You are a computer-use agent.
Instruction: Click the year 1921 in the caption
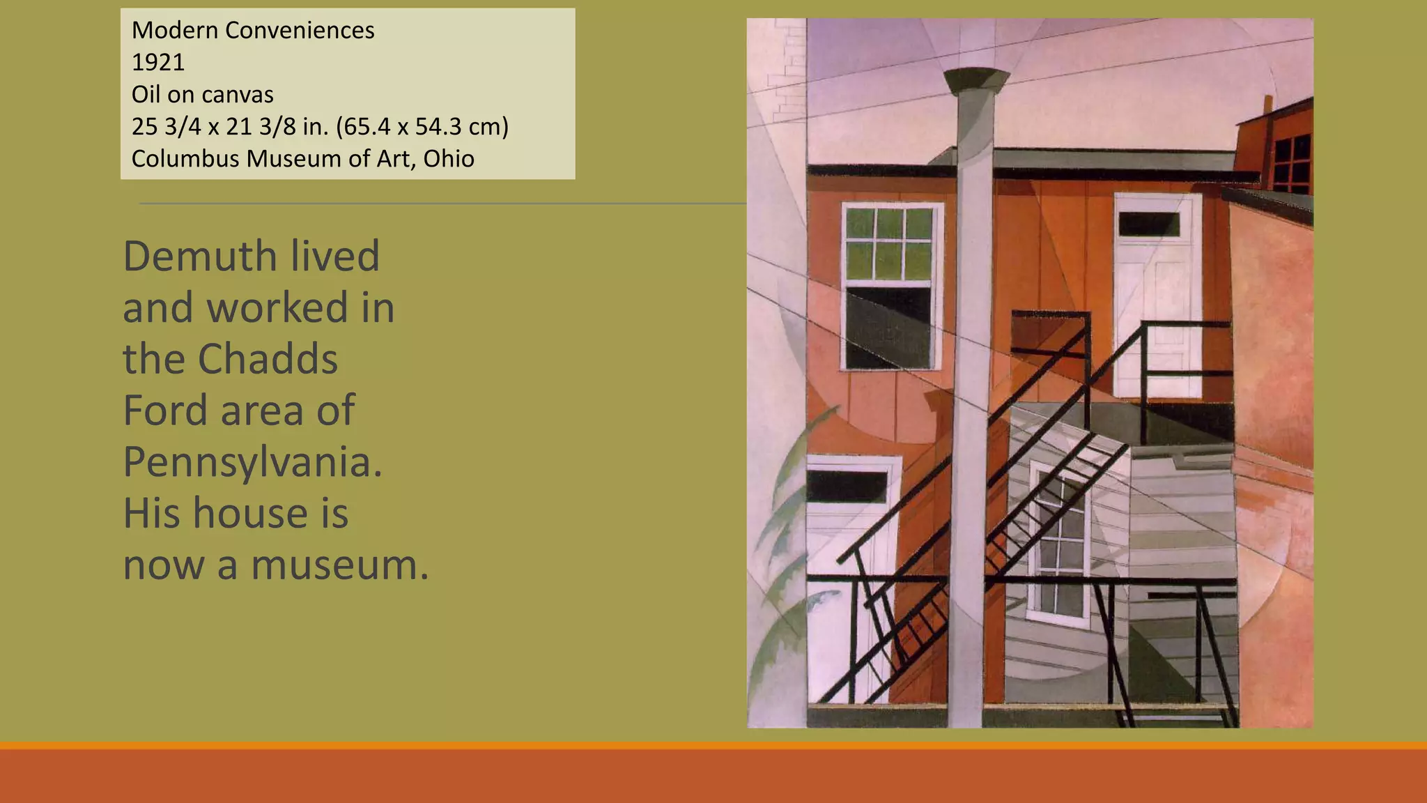pos(158,63)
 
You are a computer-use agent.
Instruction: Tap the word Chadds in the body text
pos(268,359)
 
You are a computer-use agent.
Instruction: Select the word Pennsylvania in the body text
pos(252,461)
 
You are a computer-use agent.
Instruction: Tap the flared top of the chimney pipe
pos(975,79)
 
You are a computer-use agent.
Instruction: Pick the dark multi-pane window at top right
pos(1290,164)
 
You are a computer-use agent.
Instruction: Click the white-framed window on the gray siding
pos(1058,544)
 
